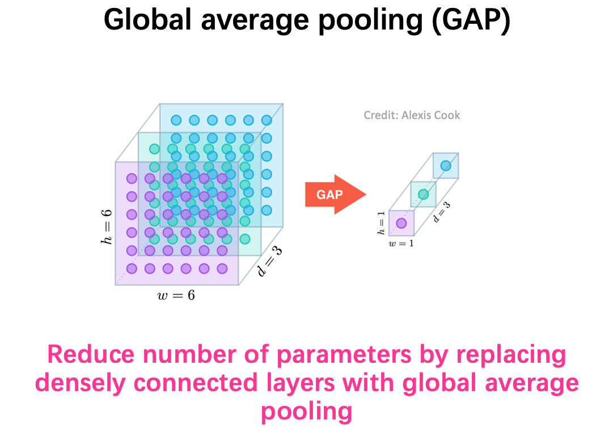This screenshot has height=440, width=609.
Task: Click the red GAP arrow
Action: pos(335,194)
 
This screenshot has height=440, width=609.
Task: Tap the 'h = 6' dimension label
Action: pos(107,227)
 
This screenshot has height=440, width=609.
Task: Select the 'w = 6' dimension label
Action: pos(176,295)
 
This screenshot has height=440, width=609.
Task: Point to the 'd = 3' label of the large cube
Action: pos(270,261)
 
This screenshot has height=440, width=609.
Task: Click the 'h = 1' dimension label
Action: pos(381,223)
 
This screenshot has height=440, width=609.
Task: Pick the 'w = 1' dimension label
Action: pos(401,243)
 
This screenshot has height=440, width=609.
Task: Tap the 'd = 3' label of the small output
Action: pos(442,212)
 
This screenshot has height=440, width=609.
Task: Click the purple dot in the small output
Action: pos(401,223)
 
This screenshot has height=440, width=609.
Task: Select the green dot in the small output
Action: pos(424,194)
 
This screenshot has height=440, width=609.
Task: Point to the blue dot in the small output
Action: pos(446,166)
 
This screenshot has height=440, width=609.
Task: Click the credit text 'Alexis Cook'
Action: pos(431,115)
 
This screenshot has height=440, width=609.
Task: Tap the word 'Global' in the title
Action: pos(148,20)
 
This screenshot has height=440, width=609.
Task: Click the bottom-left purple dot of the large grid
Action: pos(132,268)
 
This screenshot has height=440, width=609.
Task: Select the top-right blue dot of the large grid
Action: pos(267,120)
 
